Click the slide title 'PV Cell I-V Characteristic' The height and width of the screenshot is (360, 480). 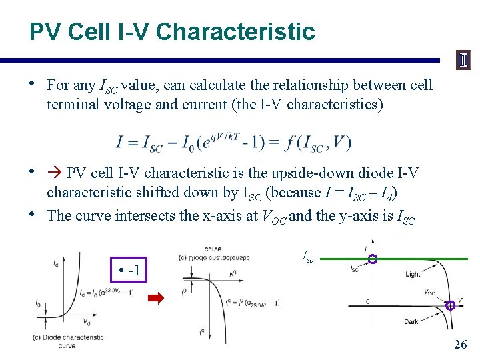171,31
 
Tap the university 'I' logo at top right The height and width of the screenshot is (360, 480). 463,60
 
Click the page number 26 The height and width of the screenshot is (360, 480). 460,345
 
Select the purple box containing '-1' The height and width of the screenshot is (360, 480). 128,271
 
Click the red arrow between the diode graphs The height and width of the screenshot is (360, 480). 155,298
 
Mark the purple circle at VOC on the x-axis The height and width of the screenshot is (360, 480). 451,305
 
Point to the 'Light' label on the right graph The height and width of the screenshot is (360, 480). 413,274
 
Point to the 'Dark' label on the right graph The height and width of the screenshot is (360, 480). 411,322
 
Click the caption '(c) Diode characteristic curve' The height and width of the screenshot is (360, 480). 67,341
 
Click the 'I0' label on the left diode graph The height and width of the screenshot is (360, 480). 39,303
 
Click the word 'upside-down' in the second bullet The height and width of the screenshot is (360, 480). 299,173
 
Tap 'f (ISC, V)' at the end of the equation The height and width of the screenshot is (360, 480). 312,142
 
